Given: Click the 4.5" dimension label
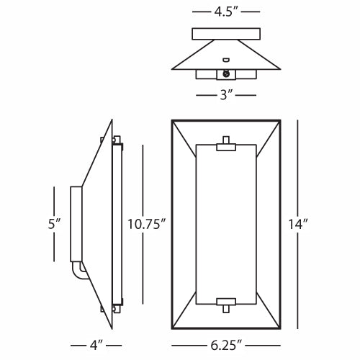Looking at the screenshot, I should click(226, 12).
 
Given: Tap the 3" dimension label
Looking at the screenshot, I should click(226, 94).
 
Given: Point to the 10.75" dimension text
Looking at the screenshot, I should click(146, 224).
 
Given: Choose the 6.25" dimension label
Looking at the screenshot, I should click(226, 344).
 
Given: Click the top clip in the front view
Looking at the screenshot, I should click(226, 147).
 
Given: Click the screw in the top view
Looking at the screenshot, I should click(227, 73).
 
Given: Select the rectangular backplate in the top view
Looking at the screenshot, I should click(226, 33).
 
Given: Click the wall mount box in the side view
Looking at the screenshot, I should click(75, 224).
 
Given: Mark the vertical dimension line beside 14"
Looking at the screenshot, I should click(297, 166).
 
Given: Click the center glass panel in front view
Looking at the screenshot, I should click(226, 224).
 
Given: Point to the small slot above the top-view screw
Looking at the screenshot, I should click(226, 60).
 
